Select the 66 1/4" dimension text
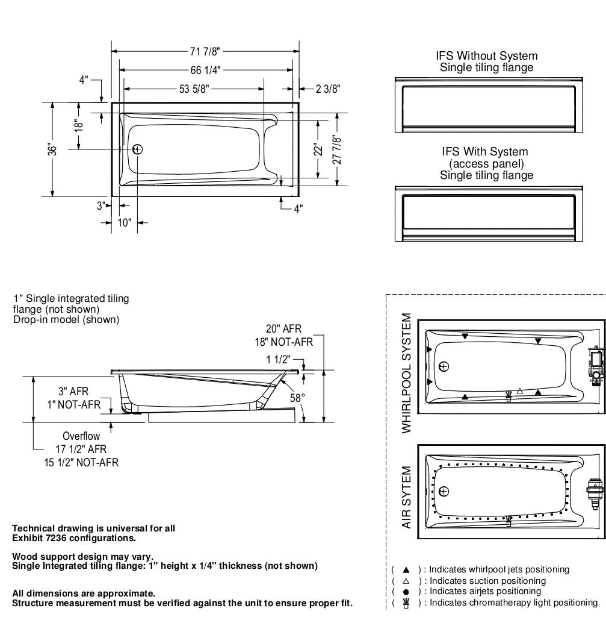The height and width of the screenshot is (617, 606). coord(206,70)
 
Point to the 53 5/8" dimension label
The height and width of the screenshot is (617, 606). coord(194,89)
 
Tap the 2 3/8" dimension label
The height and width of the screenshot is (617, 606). coord(328,89)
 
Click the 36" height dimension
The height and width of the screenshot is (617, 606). coord(52,149)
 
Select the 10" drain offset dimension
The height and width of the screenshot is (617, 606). coord(125,222)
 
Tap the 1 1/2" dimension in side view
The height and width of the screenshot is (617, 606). coord(278,360)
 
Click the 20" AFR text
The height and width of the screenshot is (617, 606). coord(283,329)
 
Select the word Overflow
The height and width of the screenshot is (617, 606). coord(81,436)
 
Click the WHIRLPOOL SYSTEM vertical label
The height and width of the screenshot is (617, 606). coord(407,373)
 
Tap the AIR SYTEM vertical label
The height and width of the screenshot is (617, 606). coord(407,497)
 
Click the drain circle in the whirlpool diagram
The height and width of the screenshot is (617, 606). coord(444,366)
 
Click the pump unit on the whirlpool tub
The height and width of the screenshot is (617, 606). coord(595,368)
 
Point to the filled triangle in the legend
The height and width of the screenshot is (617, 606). coord(406,569)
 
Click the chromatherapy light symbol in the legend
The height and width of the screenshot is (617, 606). coord(406,603)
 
